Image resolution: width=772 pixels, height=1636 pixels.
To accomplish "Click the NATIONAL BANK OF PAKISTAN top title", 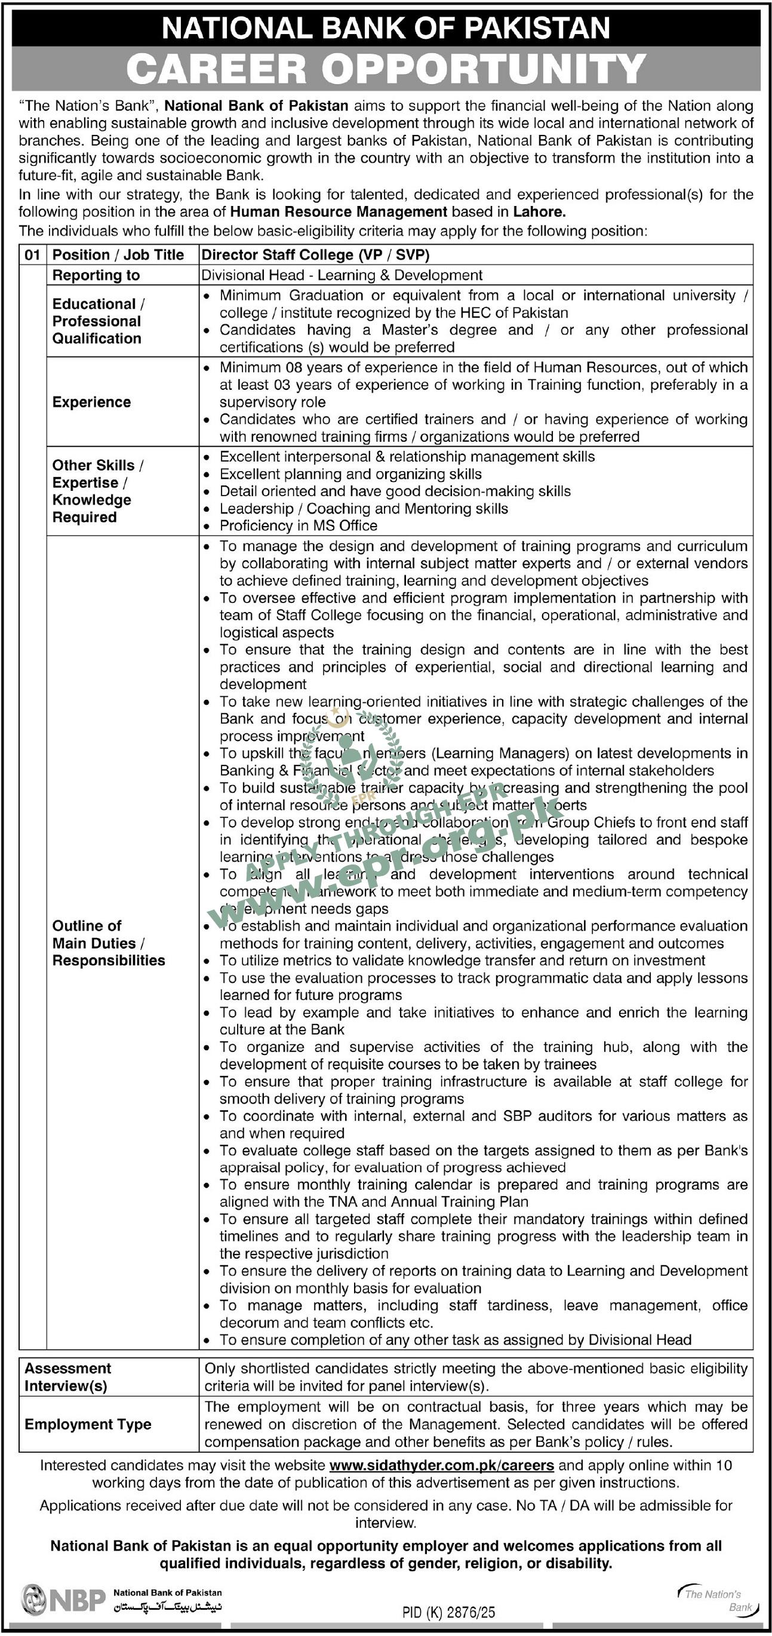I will (x=386, y=28).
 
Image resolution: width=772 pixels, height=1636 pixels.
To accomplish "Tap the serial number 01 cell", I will (x=32, y=256).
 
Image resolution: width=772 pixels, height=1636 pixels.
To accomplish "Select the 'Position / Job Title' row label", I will (x=118, y=256).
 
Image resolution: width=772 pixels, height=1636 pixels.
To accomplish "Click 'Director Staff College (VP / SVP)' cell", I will (x=315, y=256).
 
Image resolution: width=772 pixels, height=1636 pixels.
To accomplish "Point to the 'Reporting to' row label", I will (x=96, y=276).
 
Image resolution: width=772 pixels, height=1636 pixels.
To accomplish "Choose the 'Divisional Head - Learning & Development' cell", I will (x=342, y=276).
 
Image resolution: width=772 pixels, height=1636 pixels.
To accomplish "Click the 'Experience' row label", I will (x=91, y=402).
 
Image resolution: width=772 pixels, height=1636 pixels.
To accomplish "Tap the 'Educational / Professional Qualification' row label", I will (x=98, y=321).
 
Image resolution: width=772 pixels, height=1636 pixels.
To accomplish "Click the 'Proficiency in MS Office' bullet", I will (x=299, y=526).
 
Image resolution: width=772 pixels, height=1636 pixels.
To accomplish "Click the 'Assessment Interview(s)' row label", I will (x=68, y=1377).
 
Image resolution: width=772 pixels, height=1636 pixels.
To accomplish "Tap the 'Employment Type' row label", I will (x=88, y=1424).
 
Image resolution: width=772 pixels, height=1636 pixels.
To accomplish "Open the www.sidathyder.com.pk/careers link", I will (x=442, y=1466).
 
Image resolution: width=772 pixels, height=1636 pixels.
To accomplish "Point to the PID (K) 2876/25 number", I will (x=449, y=1612).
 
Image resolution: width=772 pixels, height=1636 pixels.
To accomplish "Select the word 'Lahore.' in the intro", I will (x=540, y=212).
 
